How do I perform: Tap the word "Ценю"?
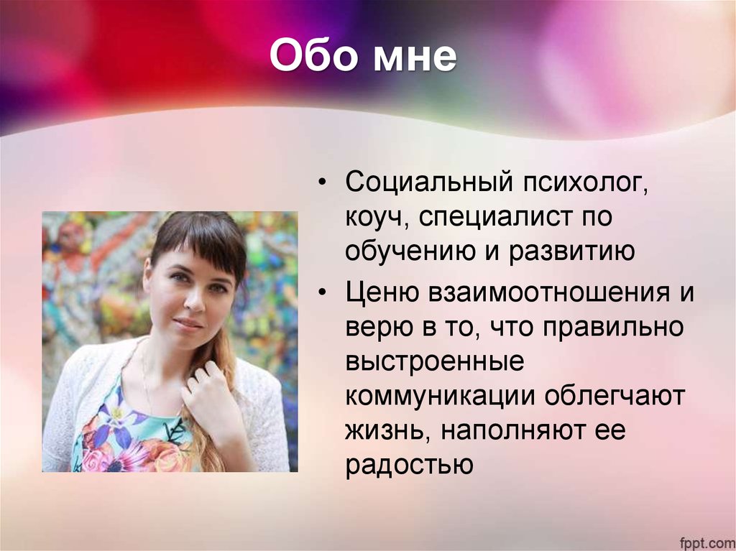click(x=383, y=292)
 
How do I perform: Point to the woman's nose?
click(x=194, y=298)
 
